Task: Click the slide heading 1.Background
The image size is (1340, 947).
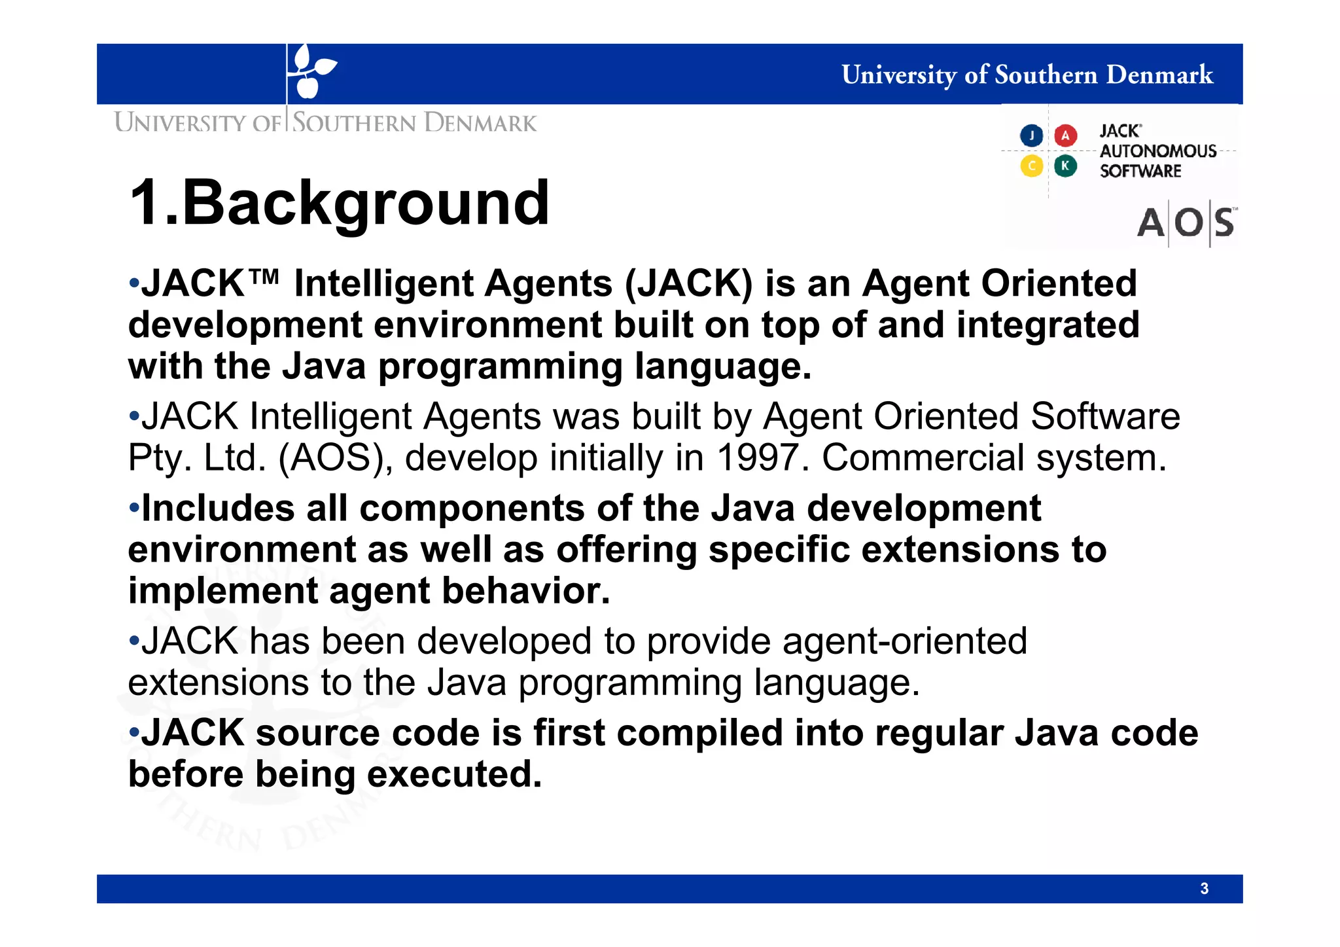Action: (x=339, y=203)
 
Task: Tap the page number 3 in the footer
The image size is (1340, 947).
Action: (x=1204, y=888)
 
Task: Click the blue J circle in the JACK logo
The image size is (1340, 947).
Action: (x=1032, y=135)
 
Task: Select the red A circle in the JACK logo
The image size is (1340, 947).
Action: (x=1065, y=135)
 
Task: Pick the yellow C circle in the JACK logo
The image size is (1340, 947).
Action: (x=1032, y=166)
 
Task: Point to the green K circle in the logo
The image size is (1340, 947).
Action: (x=1065, y=166)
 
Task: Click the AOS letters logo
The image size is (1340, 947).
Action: (x=1186, y=223)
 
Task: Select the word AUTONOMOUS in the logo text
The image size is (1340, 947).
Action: (x=1157, y=151)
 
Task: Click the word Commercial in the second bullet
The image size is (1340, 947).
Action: (x=923, y=457)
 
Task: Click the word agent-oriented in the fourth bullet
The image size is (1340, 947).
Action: (x=904, y=641)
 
